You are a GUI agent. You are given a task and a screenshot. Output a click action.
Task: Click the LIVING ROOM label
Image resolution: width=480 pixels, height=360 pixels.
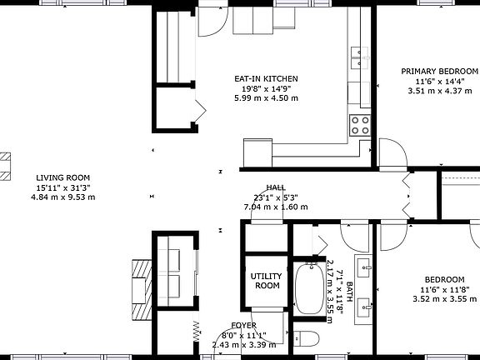(x=62, y=177)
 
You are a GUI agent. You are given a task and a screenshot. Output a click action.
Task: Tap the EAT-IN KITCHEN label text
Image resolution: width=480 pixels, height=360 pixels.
(x=266, y=79)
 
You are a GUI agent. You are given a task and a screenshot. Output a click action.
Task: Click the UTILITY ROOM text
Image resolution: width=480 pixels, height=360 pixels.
(x=267, y=281)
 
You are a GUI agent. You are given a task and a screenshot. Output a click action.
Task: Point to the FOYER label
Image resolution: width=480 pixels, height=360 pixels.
(x=244, y=325)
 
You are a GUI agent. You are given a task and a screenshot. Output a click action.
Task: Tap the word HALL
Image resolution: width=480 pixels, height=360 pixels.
(x=276, y=187)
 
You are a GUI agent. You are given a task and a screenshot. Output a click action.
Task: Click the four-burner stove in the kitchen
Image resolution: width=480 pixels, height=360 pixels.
(x=360, y=125)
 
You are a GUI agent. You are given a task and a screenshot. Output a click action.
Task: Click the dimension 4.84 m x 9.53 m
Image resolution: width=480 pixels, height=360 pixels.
(x=62, y=197)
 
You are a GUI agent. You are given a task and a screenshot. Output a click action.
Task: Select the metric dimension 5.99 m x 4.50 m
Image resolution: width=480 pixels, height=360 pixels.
(x=266, y=98)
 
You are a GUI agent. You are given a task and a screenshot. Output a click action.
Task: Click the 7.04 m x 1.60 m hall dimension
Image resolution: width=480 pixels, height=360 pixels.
(x=276, y=207)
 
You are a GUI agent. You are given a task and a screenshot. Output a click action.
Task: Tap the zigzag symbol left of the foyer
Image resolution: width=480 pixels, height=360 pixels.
(x=197, y=329)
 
